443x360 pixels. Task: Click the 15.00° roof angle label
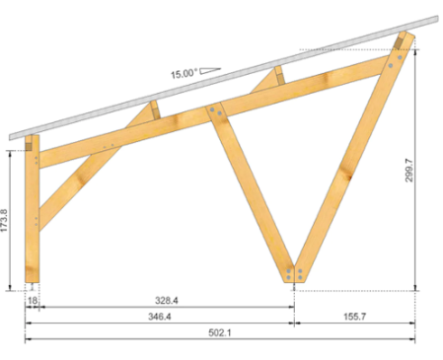tap(185, 73)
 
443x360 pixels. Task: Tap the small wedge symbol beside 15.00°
tap(210, 70)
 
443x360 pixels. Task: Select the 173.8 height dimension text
tap(4, 220)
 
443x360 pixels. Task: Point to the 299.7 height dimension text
tap(408, 170)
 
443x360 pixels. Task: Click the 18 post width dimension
tap(33, 300)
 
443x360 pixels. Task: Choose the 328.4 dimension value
tap(167, 300)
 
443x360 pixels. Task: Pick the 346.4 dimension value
tap(160, 317)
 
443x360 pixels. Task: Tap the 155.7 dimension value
tap(354, 317)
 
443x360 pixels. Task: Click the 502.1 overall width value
tap(220, 332)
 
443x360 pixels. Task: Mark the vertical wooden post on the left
tap(33, 210)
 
